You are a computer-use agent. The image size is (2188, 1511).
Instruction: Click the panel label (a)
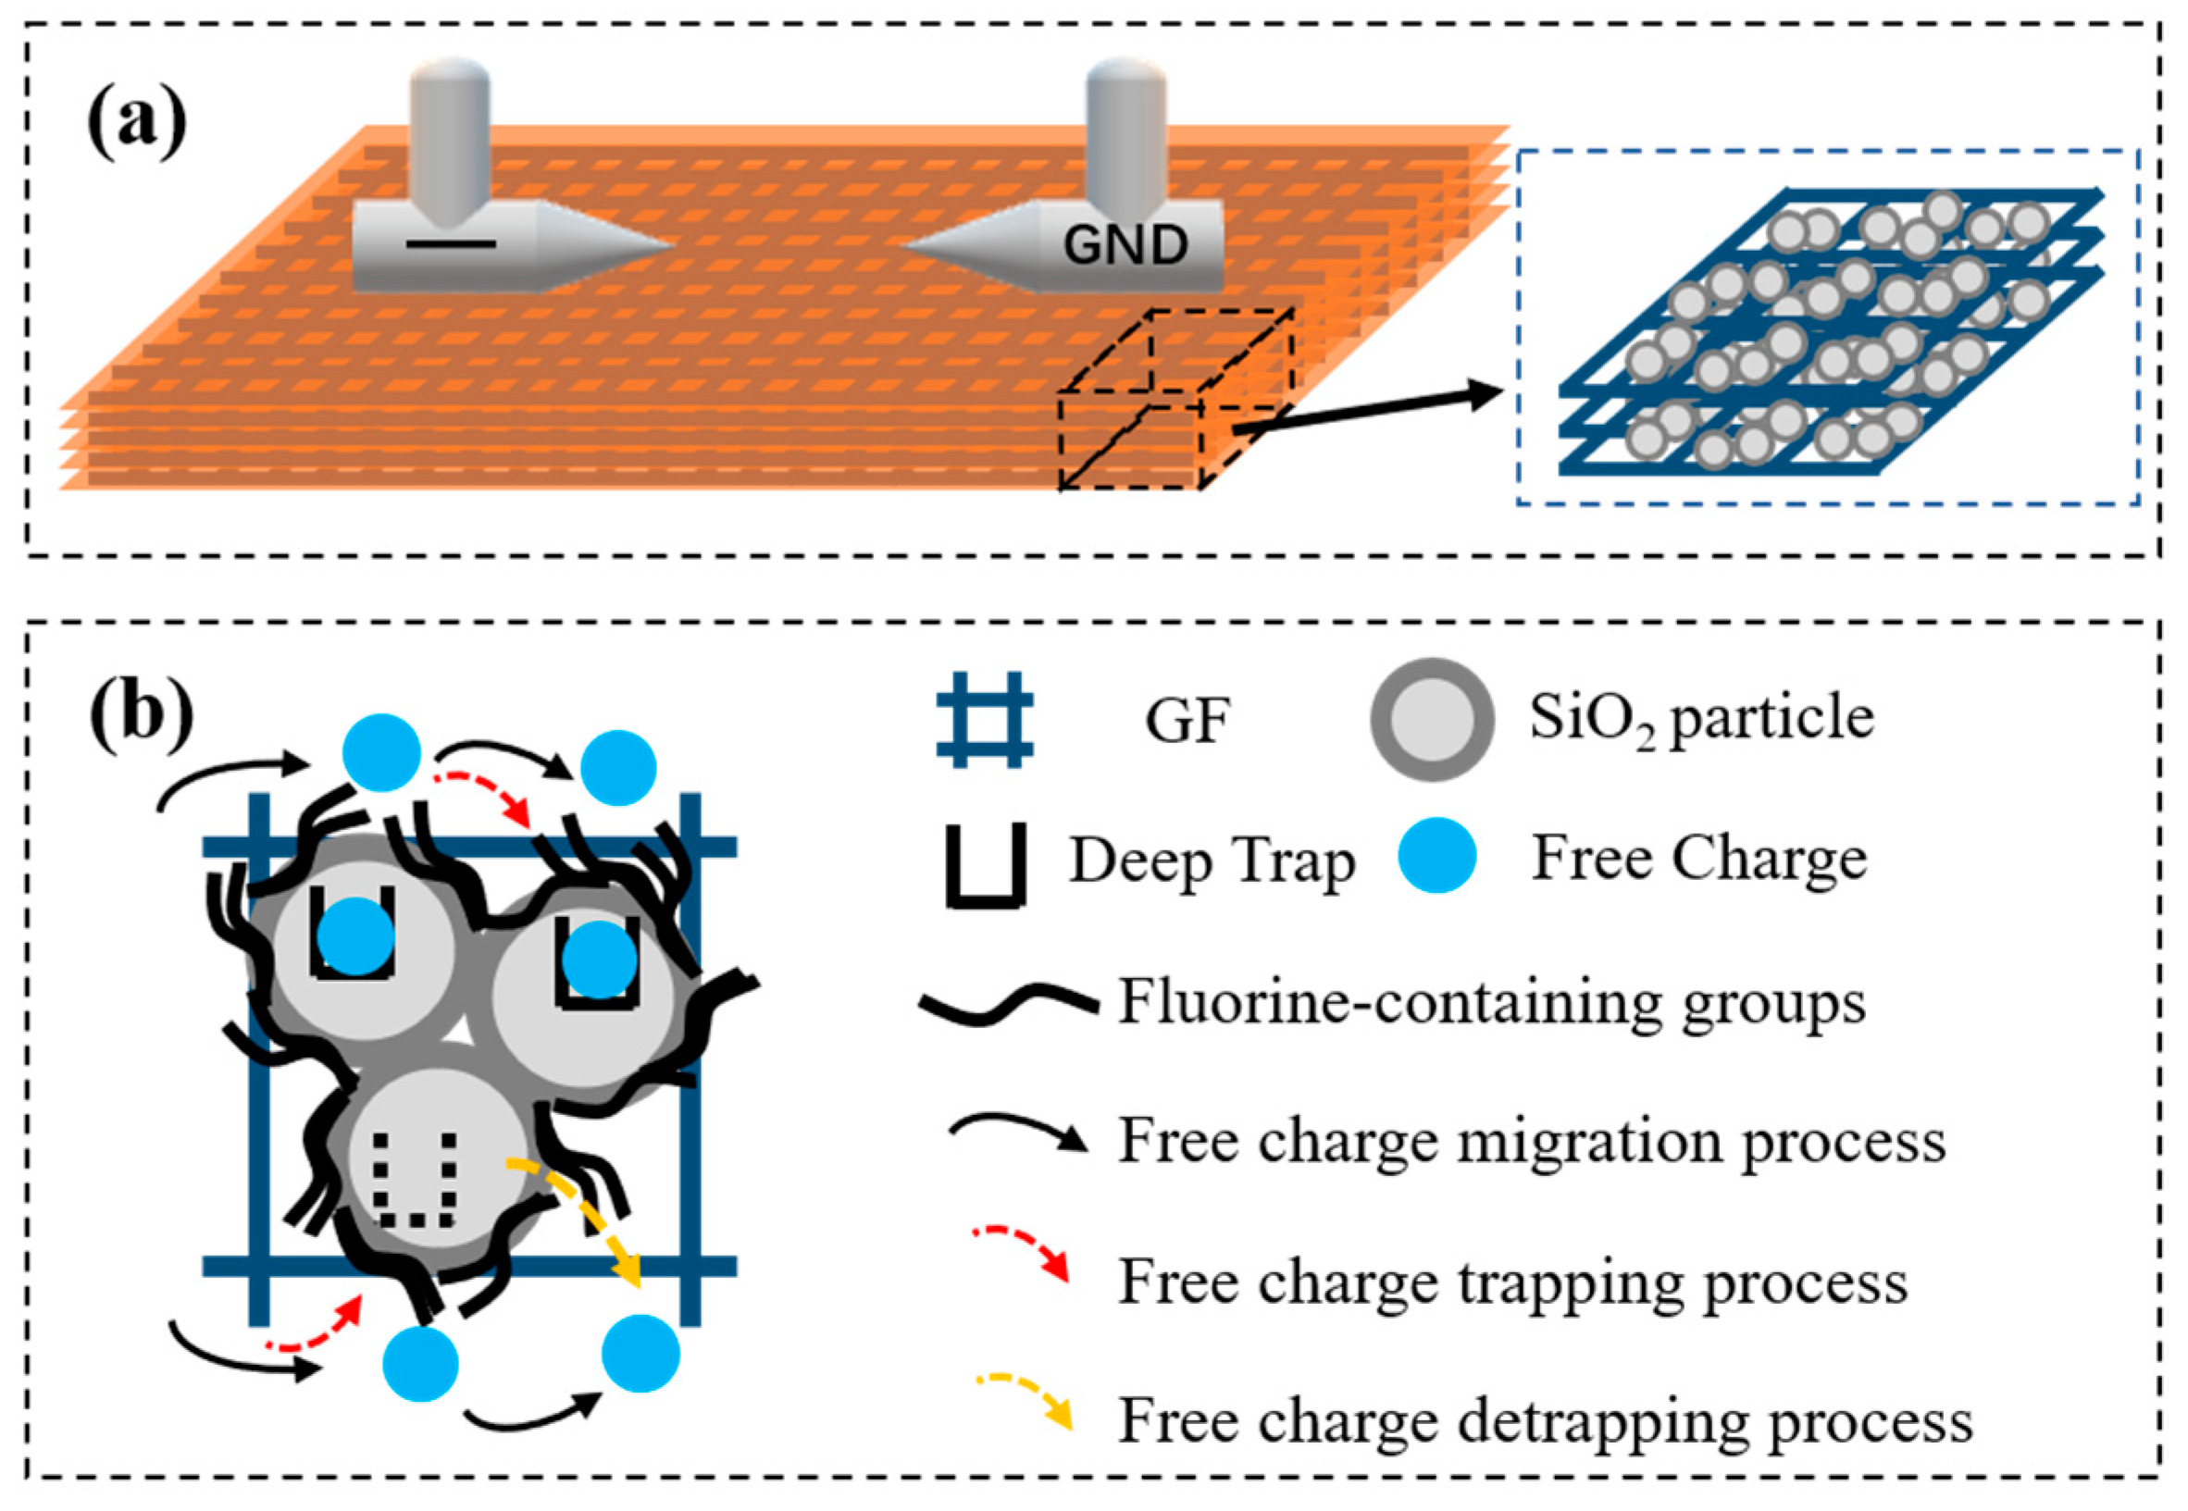(136, 122)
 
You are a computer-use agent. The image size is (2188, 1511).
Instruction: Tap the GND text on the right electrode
(1125, 246)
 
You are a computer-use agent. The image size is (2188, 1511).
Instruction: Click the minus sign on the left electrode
(451, 244)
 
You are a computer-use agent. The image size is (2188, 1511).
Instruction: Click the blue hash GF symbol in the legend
(984, 720)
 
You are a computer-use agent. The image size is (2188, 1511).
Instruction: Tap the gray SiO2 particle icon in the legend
(1432, 720)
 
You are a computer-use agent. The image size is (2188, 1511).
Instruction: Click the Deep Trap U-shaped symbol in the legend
(986, 865)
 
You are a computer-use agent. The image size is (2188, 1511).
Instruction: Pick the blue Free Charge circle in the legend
(1436, 855)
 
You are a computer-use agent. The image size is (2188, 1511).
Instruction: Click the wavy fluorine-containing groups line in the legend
(1007, 1003)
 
